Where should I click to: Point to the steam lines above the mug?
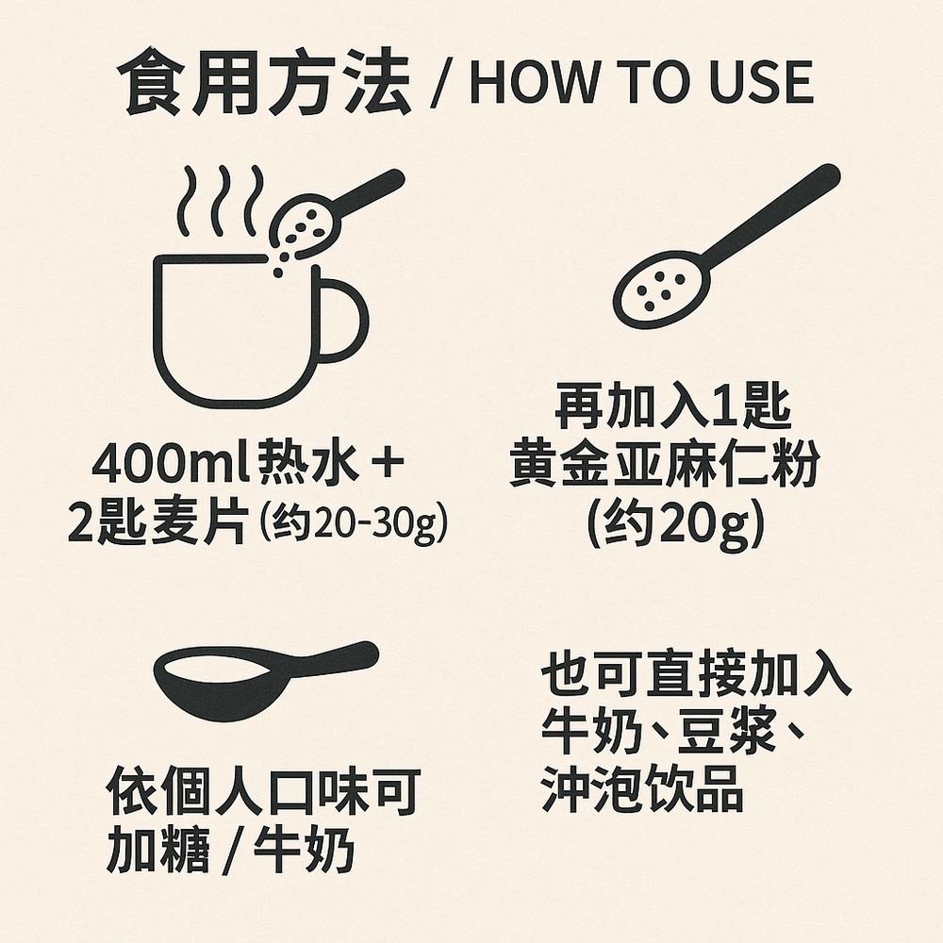click(223, 199)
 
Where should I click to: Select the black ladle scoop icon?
click(255, 674)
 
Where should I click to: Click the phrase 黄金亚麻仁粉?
click(665, 468)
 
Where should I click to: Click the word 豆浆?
click(711, 735)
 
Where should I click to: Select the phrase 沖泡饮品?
click(642, 792)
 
